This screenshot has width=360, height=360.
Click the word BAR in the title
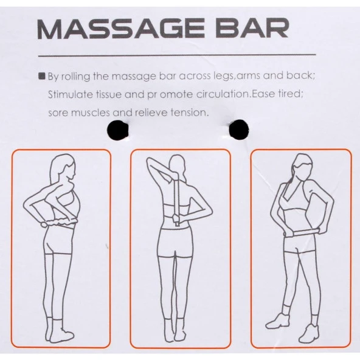[x=252, y=28]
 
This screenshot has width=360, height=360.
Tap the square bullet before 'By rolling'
[x=42, y=76]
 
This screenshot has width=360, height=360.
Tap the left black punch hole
[x=117, y=130]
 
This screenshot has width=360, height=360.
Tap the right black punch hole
[x=239, y=130]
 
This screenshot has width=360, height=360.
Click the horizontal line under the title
[x=177, y=55]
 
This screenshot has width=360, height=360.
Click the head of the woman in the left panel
[x=63, y=167]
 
